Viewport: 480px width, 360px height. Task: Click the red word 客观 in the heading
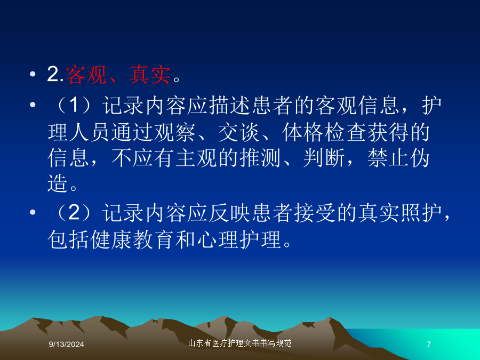(x=86, y=75)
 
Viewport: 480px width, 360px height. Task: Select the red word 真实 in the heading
(x=150, y=75)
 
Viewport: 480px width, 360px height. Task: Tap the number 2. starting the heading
(x=55, y=74)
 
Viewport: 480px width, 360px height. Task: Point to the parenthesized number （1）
(x=74, y=105)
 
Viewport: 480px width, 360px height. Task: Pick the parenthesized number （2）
(x=74, y=212)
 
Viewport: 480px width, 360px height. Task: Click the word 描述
(x=230, y=106)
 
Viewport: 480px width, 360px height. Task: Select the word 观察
(x=174, y=133)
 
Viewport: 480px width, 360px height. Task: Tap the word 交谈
(x=239, y=133)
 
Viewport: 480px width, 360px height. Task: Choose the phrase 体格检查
(x=324, y=133)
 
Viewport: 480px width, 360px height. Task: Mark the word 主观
(x=196, y=158)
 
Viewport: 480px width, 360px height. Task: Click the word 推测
(x=260, y=158)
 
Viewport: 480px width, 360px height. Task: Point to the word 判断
(x=324, y=158)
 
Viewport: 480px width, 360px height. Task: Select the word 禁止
(x=388, y=158)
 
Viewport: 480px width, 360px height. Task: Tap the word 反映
(x=230, y=213)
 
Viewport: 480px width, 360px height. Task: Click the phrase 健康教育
(x=132, y=239)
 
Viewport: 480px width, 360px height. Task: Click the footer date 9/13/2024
(x=67, y=345)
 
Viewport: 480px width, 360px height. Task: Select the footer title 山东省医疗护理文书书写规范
(x=239, y=343)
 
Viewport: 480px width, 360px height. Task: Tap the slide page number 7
(x=429, y=345)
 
